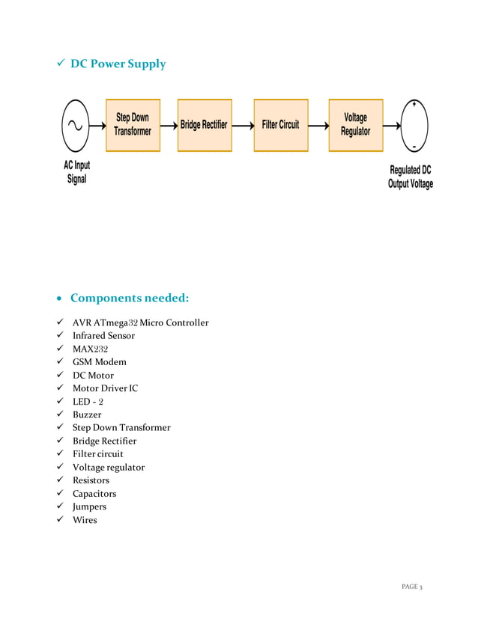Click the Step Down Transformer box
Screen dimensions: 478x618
tap(133, 125)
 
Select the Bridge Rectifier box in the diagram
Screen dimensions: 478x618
tap(204, 125)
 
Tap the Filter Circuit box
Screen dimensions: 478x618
tap(280, 125)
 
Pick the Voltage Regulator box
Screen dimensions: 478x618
tap(355, 125)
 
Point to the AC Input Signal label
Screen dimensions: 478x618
tap(76, 172)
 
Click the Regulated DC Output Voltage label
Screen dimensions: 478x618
tap(410, 177)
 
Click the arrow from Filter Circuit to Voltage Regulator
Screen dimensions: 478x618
tap(318, 126)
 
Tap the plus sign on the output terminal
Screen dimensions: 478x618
tap(414, 103)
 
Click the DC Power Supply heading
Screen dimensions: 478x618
tap(118, 64)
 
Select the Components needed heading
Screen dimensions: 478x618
tap(130, 299)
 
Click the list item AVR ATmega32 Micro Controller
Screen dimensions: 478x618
tap(140, 322)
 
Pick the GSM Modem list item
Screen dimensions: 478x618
tap(99, 362)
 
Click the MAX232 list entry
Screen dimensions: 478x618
tap(90, 349)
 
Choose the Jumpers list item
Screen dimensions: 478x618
tap(89, 507)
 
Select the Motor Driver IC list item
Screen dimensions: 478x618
tap(105, 388)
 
